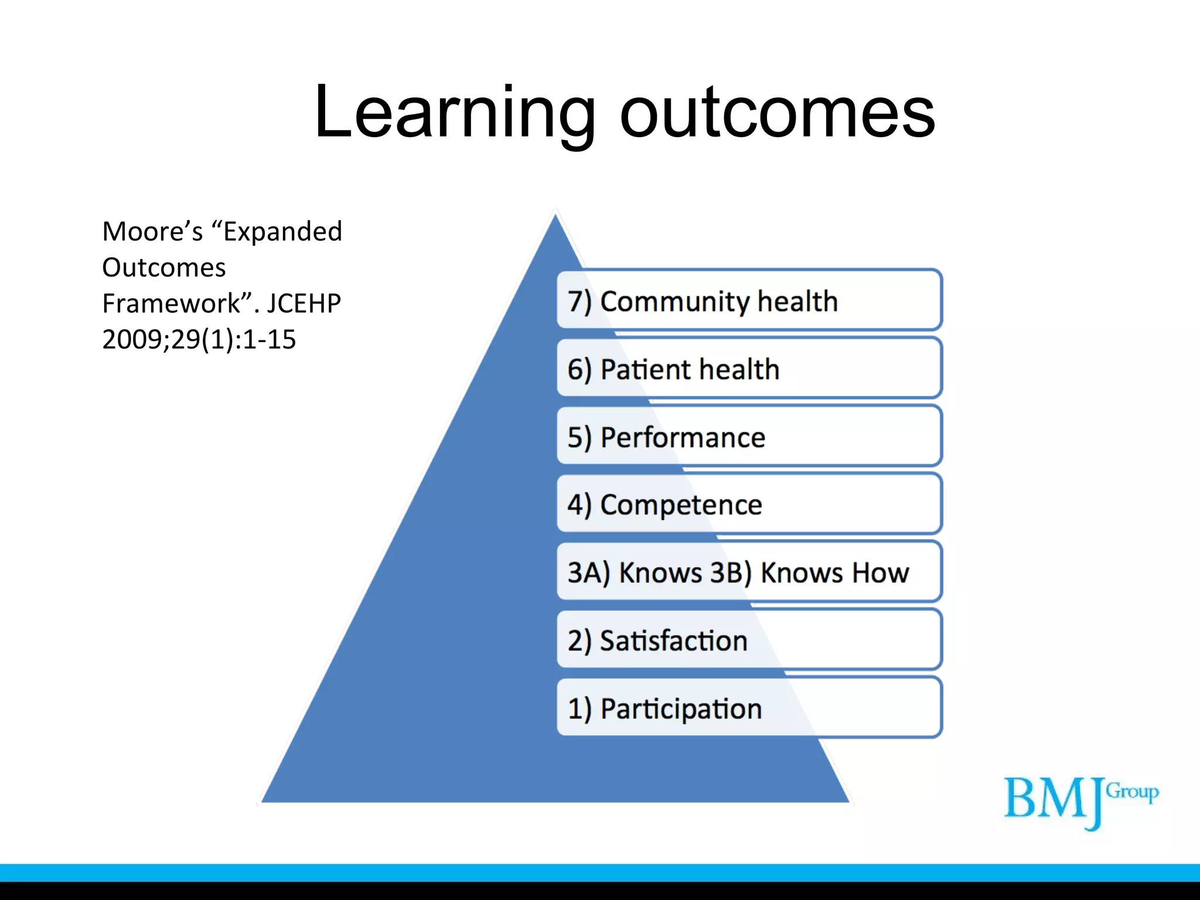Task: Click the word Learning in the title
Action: [454, 112]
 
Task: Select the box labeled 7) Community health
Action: [749, 301]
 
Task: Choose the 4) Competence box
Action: [749, 504]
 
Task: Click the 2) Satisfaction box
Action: [749, 640]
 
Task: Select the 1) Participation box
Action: [749, 708]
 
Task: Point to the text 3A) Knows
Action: [634, 572]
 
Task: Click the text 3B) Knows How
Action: [809, 572]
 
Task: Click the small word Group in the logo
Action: [1132, 792]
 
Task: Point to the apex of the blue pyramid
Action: [555, 217]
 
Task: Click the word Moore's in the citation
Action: [152, 231]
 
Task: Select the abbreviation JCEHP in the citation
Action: [304, 304]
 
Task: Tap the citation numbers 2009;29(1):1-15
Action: [199, 339]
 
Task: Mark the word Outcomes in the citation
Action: [163, 268]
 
